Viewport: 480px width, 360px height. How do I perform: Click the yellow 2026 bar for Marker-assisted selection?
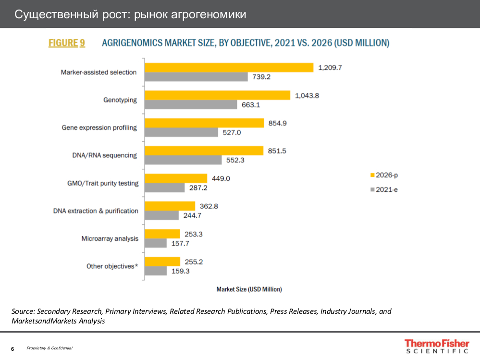click(229, 68)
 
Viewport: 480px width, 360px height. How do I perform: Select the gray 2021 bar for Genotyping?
click(191, 104)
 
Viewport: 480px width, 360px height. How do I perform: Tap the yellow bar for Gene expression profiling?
click(205, 123)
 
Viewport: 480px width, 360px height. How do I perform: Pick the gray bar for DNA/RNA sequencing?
click(184, 160)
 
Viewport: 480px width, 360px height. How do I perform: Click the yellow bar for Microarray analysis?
click(162, 234)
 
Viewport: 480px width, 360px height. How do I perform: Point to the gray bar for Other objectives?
click(156, 271)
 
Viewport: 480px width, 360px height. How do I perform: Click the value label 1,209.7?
click(330, 68)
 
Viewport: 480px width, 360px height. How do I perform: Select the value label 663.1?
click(251, 104)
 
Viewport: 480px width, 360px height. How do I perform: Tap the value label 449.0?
click(221, 178)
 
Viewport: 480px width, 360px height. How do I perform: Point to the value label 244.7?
click(192, 215)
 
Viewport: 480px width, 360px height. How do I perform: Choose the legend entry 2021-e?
click(384, 190)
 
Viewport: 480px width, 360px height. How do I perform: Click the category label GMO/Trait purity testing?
click(103, 183)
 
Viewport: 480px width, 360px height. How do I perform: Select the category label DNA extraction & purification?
click(96, 211)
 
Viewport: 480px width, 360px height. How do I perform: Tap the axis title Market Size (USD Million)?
click(249, 289)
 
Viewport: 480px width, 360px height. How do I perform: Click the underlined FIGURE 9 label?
click(67, 43)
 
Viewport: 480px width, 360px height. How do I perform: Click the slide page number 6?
click(12, 348)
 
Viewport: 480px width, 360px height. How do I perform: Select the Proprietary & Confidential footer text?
click(49, 348)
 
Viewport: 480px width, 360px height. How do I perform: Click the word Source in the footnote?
click(23, 311)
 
